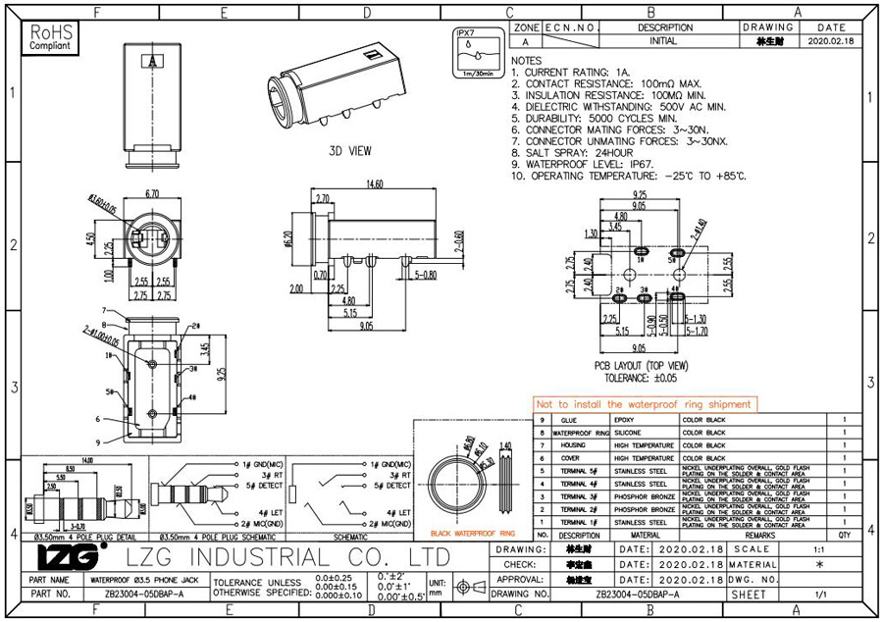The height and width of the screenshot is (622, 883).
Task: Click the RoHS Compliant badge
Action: tap(50, 38)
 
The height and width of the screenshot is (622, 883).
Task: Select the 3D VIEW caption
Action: tap(349, 151)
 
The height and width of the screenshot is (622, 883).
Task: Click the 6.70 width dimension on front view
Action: tap(151, 194)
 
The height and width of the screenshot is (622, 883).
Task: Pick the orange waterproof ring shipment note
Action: tap(644, 404)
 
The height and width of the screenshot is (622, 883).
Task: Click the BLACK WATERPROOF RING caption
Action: tap(469, 533)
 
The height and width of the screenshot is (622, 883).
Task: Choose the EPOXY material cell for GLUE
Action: tap(624, 419)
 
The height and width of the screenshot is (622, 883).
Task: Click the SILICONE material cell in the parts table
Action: tap(631, 432)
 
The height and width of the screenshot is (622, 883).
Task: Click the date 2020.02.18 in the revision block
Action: tap(831, 42)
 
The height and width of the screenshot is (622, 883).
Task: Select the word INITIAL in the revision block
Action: tap(664, 42)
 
